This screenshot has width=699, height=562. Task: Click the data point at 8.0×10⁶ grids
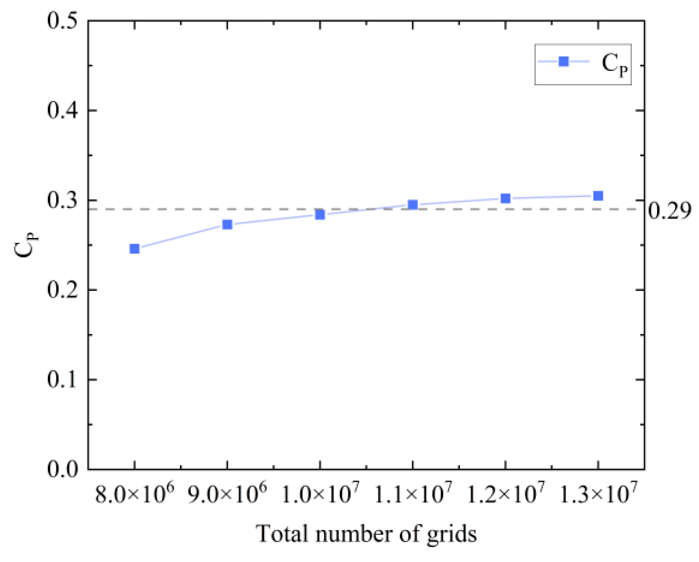135,249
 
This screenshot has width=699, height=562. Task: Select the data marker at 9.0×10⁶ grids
227,224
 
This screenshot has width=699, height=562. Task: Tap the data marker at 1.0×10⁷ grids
320,214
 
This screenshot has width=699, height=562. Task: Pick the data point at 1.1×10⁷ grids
413,204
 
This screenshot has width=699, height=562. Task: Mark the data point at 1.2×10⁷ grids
505,198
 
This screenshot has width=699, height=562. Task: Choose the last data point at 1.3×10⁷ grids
598,196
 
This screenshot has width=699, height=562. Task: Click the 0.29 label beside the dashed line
669,210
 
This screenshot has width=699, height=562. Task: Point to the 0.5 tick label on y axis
63,20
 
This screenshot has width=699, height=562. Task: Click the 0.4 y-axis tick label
63,110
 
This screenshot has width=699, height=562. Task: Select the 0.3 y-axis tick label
63,200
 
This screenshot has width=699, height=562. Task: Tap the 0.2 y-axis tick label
63,290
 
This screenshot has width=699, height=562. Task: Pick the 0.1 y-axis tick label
63,379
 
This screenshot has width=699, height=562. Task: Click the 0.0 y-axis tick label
63,469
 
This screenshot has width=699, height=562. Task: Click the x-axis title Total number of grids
366,534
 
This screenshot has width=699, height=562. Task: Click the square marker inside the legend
563,61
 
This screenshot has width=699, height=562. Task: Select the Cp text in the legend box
614,65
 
